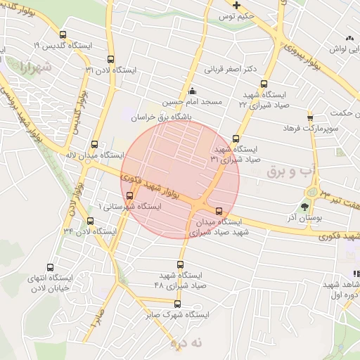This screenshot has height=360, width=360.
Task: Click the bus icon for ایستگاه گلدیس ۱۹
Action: coord(63,34)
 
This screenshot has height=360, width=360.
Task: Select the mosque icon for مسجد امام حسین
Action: coord(193,91)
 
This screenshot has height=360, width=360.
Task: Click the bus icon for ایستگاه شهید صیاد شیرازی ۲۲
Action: coord(264,84)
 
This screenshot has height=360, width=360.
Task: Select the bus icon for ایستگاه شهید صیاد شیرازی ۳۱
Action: coord(235,139)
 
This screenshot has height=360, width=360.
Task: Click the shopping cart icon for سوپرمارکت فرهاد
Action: coord(309,117)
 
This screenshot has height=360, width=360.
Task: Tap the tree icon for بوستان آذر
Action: coord(304,207)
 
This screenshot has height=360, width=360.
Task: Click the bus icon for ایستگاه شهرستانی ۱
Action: coord(129,195)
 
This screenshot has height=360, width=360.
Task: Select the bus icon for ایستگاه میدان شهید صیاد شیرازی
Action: coord(219,210)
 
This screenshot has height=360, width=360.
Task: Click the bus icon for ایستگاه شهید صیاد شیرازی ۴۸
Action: coord(180,265)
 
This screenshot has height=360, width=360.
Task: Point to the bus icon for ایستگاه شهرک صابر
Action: coord(177,304)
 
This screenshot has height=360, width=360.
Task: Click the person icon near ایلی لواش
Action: coord(349,39)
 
